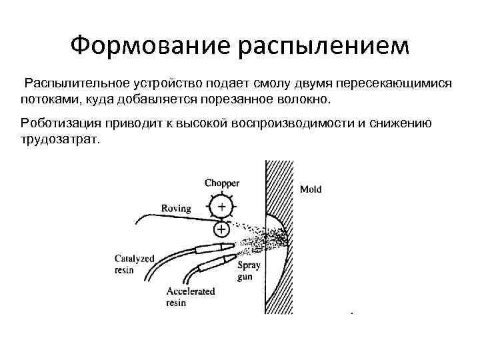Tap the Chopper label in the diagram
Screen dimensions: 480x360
tap(221, 183)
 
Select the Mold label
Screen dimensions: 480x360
tap(311, 189)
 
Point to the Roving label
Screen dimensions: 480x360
tap(176, 208)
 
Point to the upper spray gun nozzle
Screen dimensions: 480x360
tap(213, 247)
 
